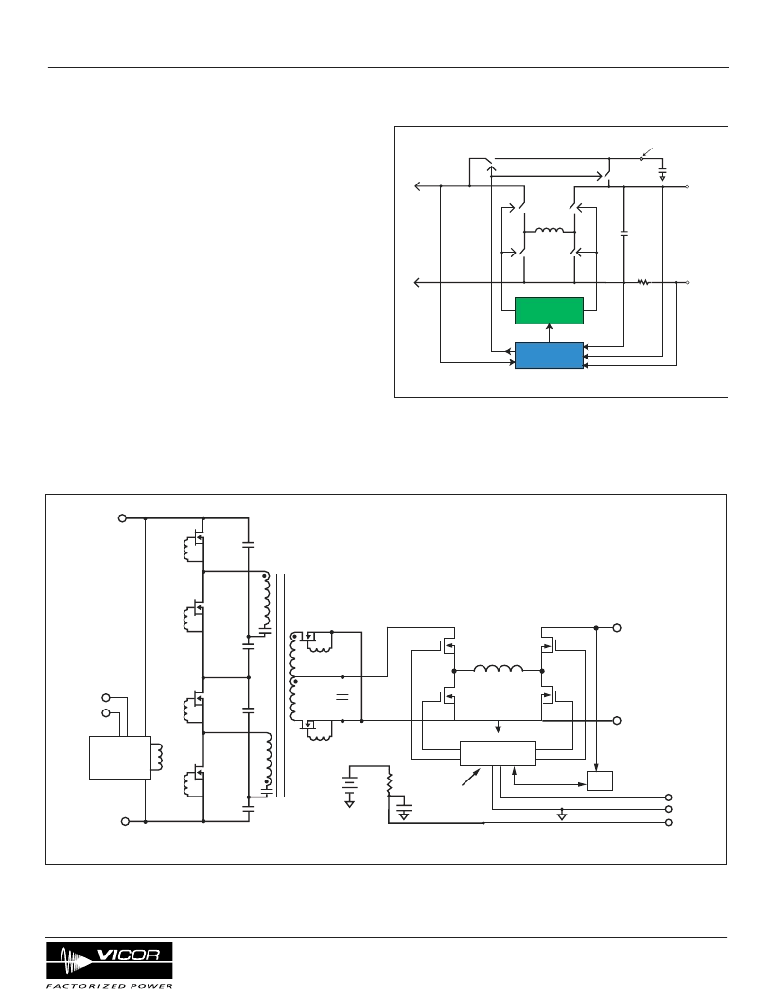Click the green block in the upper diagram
click(549, 310)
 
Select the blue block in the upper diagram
click(549, 356)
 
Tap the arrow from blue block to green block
click(549, 333)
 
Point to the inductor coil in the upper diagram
click(549, 231)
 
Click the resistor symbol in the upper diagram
click(643, 282)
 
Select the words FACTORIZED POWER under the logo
click(110, 986)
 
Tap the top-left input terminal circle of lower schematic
click(122, 518)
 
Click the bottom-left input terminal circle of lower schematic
click(125, 821)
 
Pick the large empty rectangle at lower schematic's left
click(120, 758)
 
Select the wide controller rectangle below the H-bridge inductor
click(498, 753)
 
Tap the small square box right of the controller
click(600, 780)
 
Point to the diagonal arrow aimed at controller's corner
click(471, 778)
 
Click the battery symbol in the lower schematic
click(349, 783)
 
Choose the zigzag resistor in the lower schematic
click(389, 784)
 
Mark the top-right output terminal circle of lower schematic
click(617, 627)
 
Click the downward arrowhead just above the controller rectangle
click(498, 728)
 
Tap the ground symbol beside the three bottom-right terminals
click(562, 815)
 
